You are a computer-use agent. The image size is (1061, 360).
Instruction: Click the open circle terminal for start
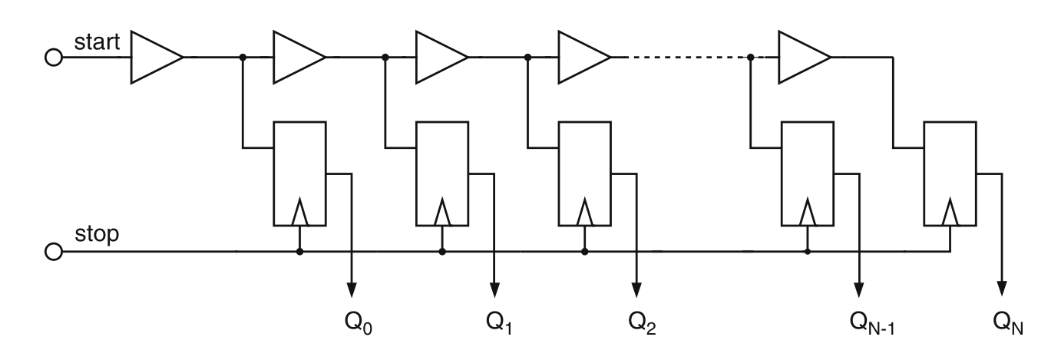[54, 58]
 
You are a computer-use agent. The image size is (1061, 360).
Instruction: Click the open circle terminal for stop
[54, 251]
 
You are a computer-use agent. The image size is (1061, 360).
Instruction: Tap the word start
[97, 42]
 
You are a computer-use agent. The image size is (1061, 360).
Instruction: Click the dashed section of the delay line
[680, 58]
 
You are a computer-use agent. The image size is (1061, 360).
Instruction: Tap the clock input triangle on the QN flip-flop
[950, 212]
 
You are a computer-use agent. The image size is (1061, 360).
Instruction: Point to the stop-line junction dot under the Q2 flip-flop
[585, 251]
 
